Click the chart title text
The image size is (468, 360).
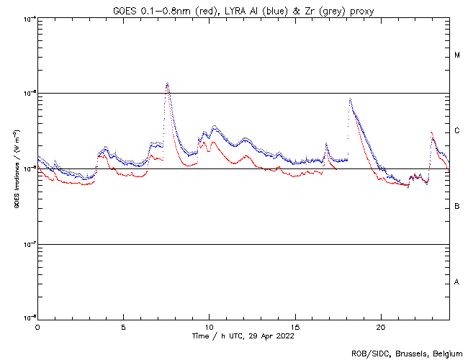pos(243,9)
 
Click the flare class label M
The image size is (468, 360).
pos(457,55)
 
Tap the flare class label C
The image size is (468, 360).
pos(457,131)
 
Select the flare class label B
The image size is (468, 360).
pos(457,207)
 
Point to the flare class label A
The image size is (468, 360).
pos(457,282)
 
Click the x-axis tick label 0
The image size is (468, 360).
pos(37,326)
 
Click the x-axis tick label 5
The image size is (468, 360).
pos(123,326)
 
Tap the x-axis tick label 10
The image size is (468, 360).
pos(209,326)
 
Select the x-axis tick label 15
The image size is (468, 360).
pos(294,326)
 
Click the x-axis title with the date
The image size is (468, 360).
pos(243,336)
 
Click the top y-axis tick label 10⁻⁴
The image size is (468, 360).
pos(27,18)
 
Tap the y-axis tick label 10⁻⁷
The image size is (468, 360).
pos(27,244)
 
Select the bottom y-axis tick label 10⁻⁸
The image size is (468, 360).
pos(27,318)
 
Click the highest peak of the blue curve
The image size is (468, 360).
pos(167,83)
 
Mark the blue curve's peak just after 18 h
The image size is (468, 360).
pos(350,99)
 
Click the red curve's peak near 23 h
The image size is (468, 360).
pos(431,133)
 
